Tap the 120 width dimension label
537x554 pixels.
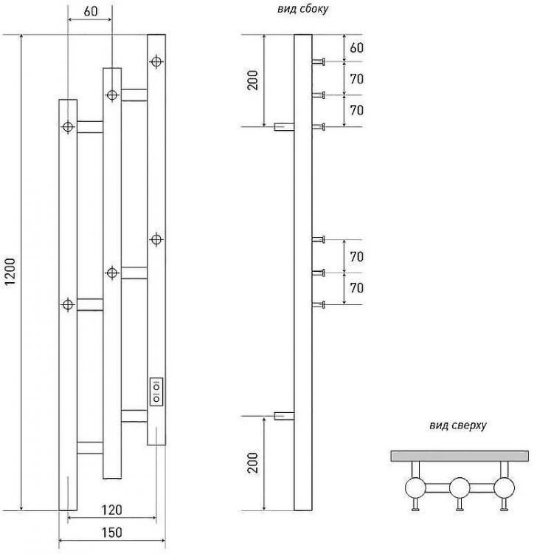(111, 509)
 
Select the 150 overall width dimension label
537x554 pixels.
(111, 532)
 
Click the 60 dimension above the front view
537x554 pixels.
(91, 12)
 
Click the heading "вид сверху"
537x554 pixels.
(457, 425)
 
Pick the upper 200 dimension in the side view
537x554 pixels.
(254, 81)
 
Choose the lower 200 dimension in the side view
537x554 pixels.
(254, 463)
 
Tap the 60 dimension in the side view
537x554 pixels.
(356, 48)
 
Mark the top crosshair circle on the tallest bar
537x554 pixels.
(156, 61)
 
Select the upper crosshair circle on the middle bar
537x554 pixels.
(112, 95)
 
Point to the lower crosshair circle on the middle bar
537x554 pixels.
(112, 273)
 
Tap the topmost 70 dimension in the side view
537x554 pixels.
(356, 79)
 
